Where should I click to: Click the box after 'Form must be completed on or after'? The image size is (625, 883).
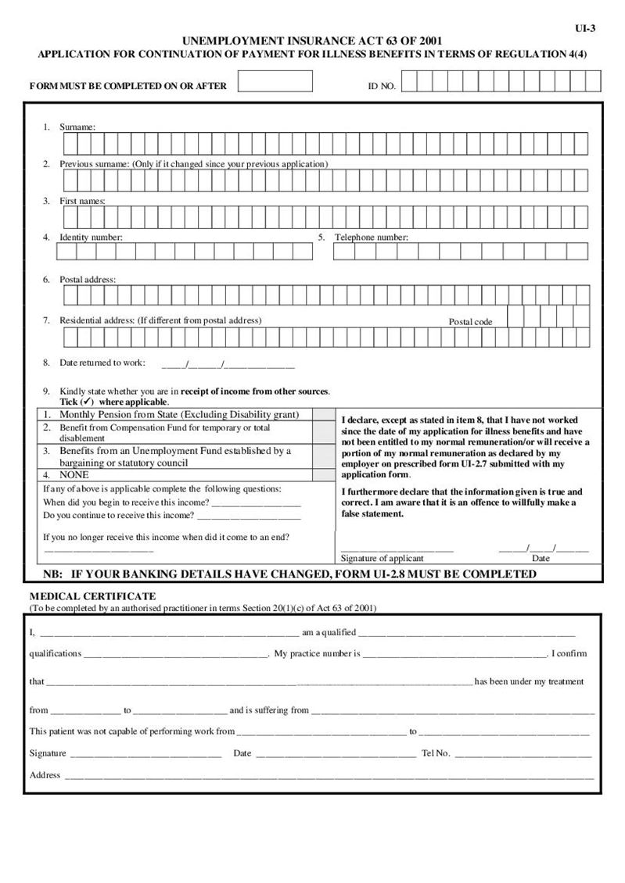[275, 81]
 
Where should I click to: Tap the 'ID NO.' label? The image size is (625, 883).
[382, 86]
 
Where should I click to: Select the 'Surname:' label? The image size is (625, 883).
[77, 127]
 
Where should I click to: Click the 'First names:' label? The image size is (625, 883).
[82, 201]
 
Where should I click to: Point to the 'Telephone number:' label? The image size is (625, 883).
[372, 237]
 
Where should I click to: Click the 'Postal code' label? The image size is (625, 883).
[470, 322]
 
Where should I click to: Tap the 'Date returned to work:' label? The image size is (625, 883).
[102, 363]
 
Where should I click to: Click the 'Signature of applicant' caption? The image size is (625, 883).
[382, 558]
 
